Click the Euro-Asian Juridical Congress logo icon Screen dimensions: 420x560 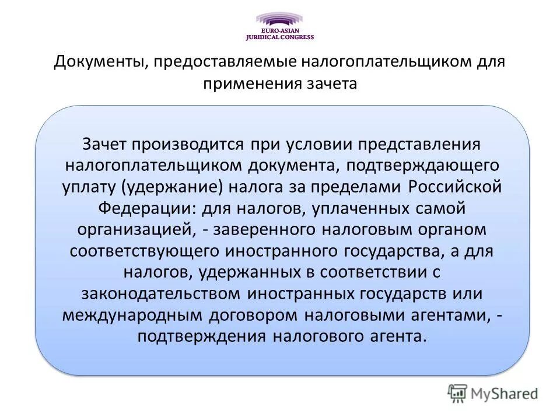click(279, 19)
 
